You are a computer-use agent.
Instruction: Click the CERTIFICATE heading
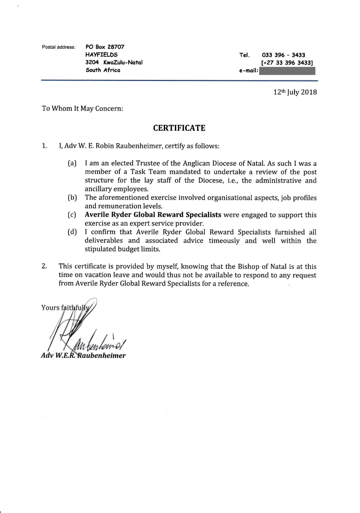pos(179,128)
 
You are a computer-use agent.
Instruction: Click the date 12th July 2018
pos(295,92)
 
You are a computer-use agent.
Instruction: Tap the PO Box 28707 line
pos(105,47)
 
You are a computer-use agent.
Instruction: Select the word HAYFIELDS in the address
pos(102,55)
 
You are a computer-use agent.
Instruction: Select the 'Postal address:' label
pos(59,47)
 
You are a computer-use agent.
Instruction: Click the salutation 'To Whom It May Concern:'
pos(83,109)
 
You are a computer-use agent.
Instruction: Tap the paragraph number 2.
pos(44,266)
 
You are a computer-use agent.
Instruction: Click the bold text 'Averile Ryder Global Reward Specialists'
pos(153,215)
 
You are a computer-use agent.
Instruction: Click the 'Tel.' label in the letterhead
pos(244,55)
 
